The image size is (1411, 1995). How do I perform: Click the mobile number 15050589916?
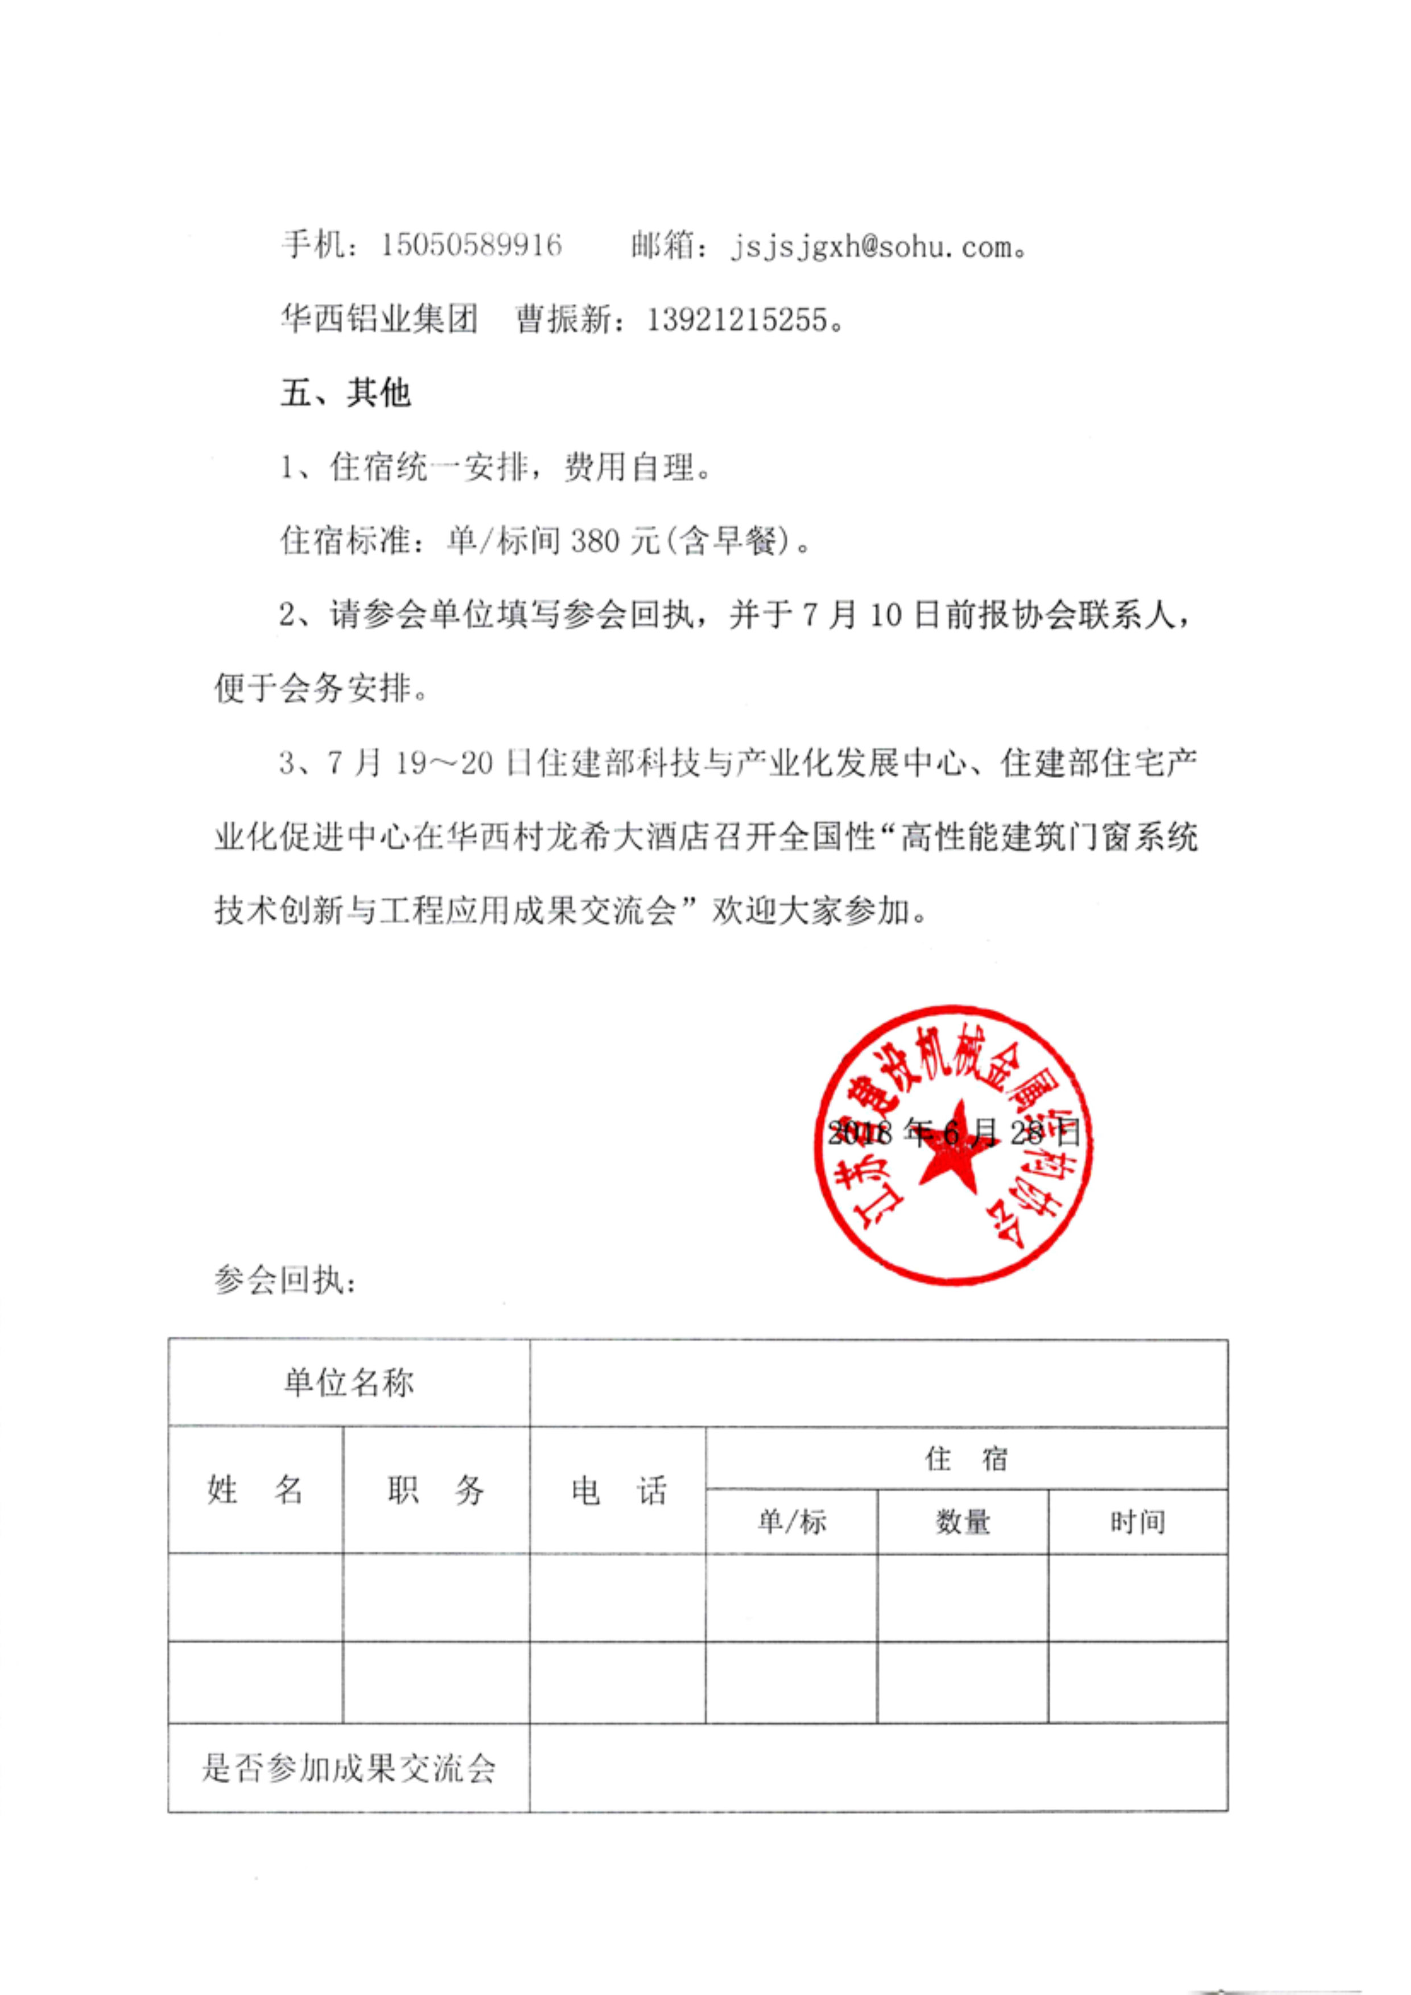coord(471,246)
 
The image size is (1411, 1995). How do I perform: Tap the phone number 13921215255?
coord(737,321)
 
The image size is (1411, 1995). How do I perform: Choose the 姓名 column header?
coord(255,1489)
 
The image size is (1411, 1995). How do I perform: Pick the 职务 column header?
coord(436,1489)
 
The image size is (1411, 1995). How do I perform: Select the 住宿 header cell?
coord(966,1458)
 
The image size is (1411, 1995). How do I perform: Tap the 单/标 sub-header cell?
coord(791,1522)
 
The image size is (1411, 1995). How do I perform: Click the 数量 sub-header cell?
coord(963,1522)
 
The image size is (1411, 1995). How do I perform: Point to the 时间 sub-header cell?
coord(1137,1522)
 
